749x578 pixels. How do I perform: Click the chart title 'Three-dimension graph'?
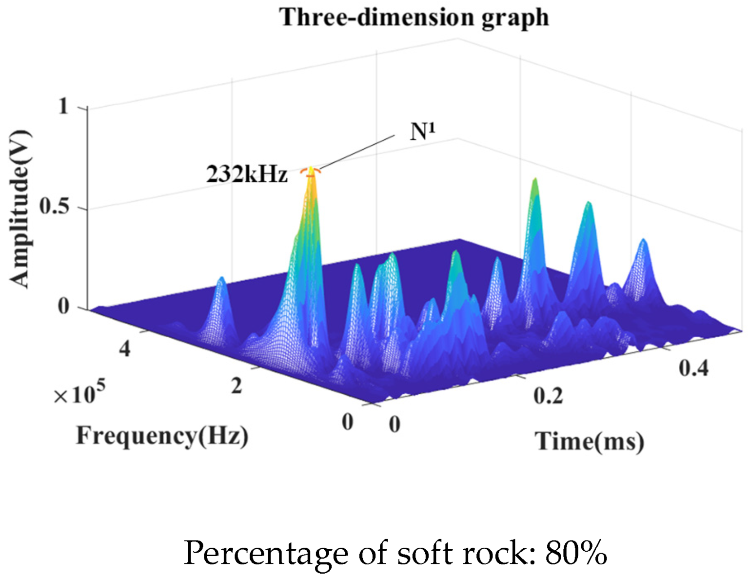pyautogui.click(x=414, y=18)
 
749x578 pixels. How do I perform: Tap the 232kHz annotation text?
pyautogui.click(x=247, y=174)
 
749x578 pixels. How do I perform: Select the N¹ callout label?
pyautogui.click(x=423, y=132)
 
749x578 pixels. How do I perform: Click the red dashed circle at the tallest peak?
pyautogui.click(x=311, y=171)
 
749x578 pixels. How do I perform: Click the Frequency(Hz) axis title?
pyautogui.click(x=162, y=435)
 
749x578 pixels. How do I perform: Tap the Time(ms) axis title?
pyautogui.click(x=590, y=442)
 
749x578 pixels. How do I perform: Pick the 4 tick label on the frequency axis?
pyautogui.click(x=125, y=349)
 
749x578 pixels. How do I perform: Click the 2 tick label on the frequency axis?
pyautogui.click(x=237, y=386)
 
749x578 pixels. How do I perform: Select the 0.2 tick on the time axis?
pyautogui.click(x=548, y=396)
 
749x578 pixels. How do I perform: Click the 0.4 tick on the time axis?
pyautogui.click(x=693, y=368)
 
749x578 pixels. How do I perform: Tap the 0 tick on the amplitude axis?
pyautogui.click(x=64, y=307)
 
